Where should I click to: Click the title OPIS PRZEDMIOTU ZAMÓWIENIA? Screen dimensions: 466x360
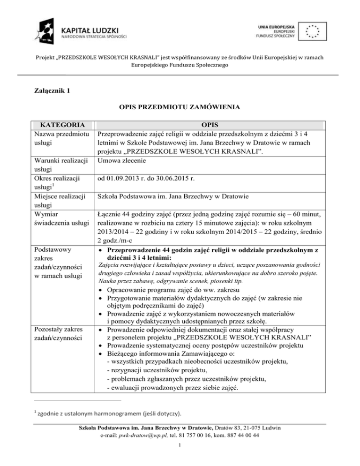(x=180, y=107)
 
